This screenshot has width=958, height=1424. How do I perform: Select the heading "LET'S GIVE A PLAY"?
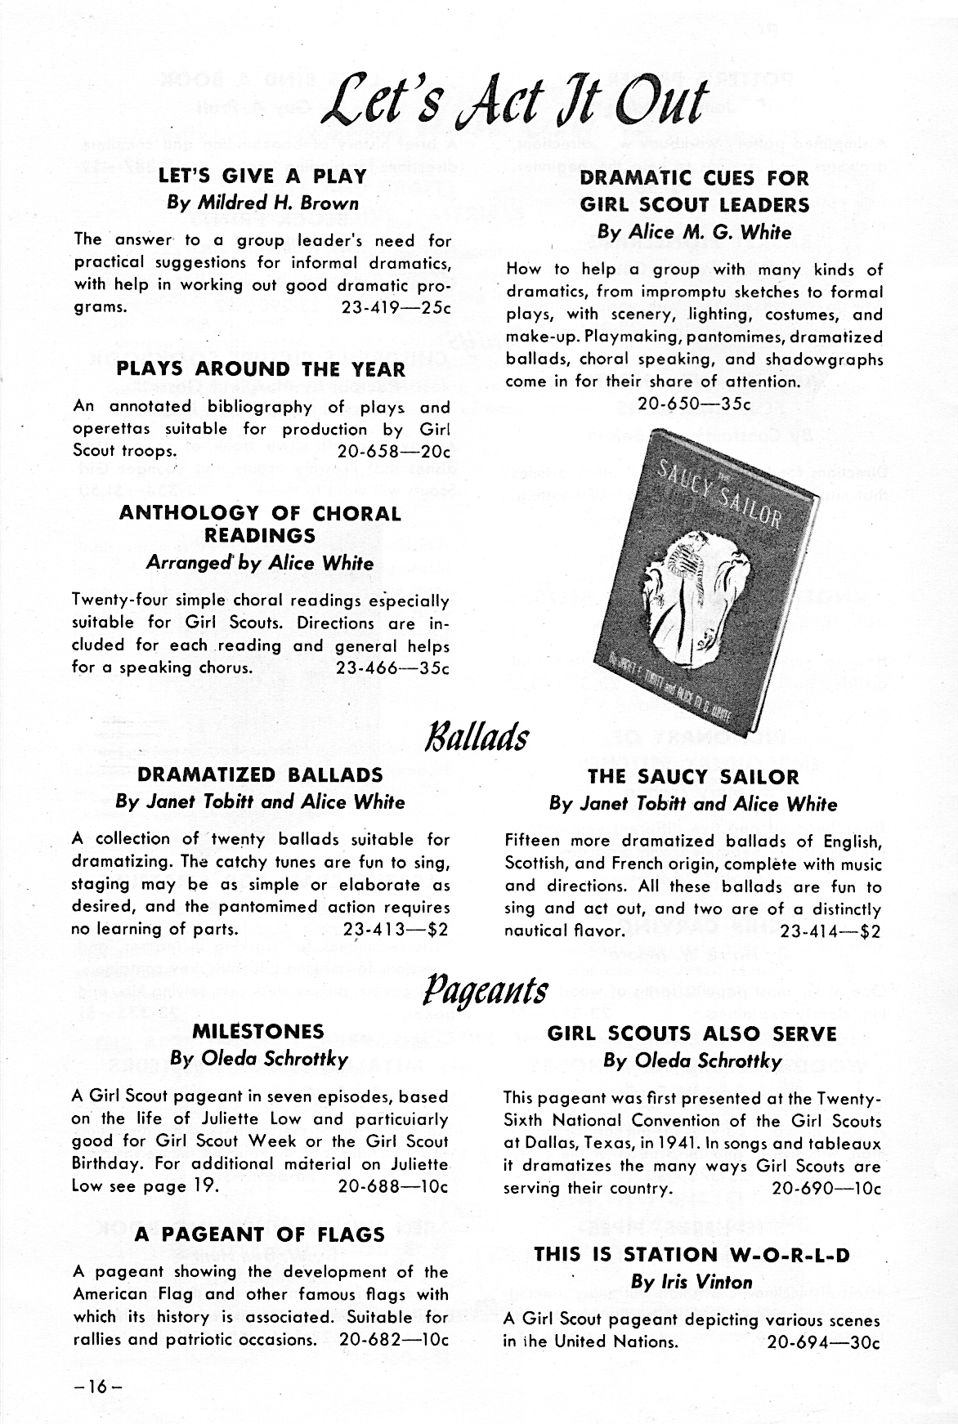point(262,176)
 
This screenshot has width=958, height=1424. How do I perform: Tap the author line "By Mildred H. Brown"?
point(262,203)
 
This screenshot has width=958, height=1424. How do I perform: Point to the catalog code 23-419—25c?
point(395,308)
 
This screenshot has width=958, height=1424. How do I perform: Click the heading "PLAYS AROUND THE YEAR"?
point(261,369)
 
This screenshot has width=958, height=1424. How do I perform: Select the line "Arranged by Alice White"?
point(260,564)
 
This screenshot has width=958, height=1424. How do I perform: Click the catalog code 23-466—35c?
point(393,667)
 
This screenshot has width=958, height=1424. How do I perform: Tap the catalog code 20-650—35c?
point(693,404)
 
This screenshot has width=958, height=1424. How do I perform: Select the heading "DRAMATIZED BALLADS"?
point(260,774)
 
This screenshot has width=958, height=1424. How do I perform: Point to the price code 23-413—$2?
point(396,929)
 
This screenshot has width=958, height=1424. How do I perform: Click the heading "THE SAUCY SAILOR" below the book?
point(693,777)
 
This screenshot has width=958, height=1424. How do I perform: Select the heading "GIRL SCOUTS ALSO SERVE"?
point(692,1034)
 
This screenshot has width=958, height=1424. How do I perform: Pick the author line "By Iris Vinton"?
point(692,1282)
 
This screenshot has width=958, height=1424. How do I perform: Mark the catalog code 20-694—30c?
point(823,1341)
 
